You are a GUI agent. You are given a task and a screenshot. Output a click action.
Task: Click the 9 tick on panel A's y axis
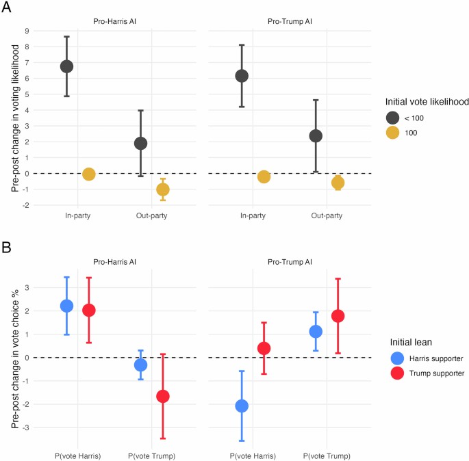(27, 31)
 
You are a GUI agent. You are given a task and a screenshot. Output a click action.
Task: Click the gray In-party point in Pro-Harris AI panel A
(66, 66)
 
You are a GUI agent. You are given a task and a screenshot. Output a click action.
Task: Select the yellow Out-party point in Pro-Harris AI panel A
(162, 189)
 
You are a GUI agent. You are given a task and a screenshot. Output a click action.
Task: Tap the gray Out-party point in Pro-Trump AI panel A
(316, 136)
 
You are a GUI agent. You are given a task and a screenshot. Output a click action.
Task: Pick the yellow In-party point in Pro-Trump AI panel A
(264, 176)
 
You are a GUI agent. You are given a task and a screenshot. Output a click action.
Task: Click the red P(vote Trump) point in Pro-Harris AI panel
(162, 396)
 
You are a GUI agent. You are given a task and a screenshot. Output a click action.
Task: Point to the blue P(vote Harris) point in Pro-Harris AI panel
(66, 306)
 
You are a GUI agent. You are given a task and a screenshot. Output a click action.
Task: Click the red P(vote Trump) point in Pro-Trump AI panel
(338, 316)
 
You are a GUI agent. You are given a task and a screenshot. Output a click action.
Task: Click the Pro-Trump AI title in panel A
(290, 21)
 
